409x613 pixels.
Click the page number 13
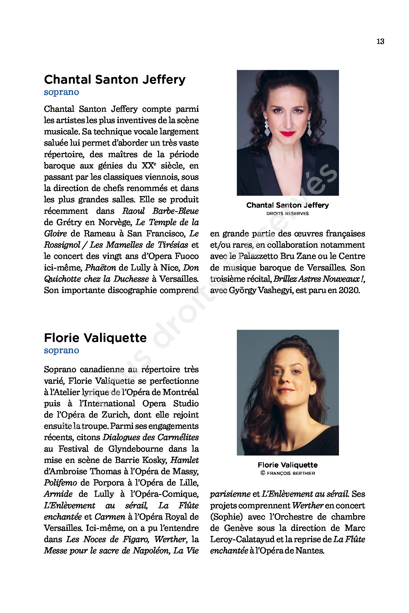(380, 42)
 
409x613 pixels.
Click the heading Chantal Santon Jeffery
(115, 79)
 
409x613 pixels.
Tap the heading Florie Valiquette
(95, 338)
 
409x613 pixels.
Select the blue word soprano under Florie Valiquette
(61, 351)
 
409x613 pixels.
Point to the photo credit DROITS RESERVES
(287, 214)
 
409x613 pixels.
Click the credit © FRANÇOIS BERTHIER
(288, 473)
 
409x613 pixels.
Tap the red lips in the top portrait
(287, 134)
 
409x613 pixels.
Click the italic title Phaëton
(100, 268)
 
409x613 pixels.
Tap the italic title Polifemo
(60, 483)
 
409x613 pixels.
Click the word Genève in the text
(238, 528)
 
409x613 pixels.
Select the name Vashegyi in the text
(275, 290)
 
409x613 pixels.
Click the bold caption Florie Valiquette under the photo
(288, 465)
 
